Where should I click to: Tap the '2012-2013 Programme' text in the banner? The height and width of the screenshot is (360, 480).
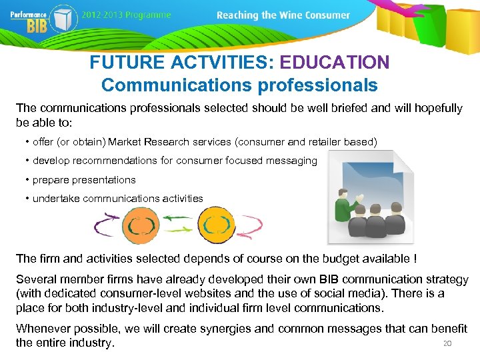pos(127,15)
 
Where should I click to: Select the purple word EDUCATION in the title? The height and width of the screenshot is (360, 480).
pos(334,63)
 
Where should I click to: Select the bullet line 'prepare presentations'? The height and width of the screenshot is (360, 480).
pos(83,179)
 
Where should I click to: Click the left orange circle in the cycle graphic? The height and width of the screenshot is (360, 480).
pos(141,225)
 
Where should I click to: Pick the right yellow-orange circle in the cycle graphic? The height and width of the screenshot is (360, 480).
pos(217,225)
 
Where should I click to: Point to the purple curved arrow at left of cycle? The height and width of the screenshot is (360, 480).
pos(107,225)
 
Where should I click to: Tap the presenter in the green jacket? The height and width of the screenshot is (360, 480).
pos(345,204)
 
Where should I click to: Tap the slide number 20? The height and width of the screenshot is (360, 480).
pos(447,343)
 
